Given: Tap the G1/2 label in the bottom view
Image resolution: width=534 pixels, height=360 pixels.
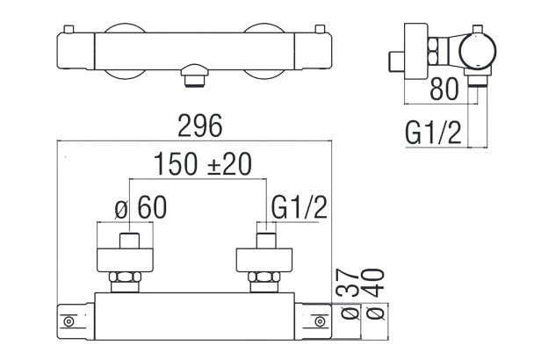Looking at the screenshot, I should point(299,208).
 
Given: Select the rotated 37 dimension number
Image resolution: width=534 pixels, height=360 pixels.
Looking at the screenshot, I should point(343,284).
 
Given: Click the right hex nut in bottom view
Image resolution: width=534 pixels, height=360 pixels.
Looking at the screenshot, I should point(264,282).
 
